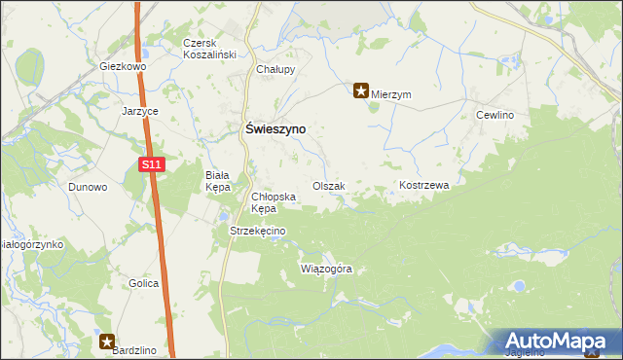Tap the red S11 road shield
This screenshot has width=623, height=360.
pyautogui.click(x=150, y=166)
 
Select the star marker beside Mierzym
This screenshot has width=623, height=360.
pyautogui.click(x=360, y=92)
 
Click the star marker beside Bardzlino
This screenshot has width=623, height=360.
pyautogui.click(x=106, y=341)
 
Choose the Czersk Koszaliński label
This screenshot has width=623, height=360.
pyautogui.click(x=210, y=50)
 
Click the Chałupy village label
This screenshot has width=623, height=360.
pyautogui.click(x=275, y=70)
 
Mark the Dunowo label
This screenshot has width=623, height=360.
pyautogui.click(x=88, y=187)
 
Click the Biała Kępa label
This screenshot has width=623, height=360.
pyautogui.click(x=216, y=180)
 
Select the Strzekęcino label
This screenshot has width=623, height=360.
pyautogui.click(x=257, y=231)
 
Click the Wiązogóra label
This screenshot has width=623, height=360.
pyautogui.click(x=326, y=268)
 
